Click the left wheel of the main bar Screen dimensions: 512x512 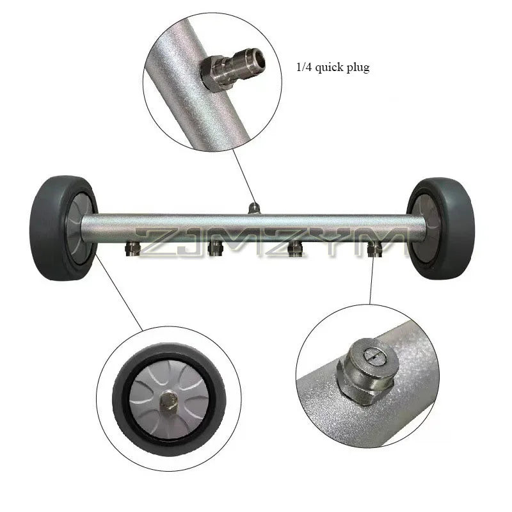[63, 228]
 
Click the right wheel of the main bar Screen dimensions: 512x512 [441, 228]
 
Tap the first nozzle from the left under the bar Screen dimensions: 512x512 [132, 249]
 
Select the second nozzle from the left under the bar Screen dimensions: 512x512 [215, 249]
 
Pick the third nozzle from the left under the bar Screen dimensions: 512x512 [294, 249]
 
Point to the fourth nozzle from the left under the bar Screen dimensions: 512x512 [374, 249]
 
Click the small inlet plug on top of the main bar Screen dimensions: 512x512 [253, 208]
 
